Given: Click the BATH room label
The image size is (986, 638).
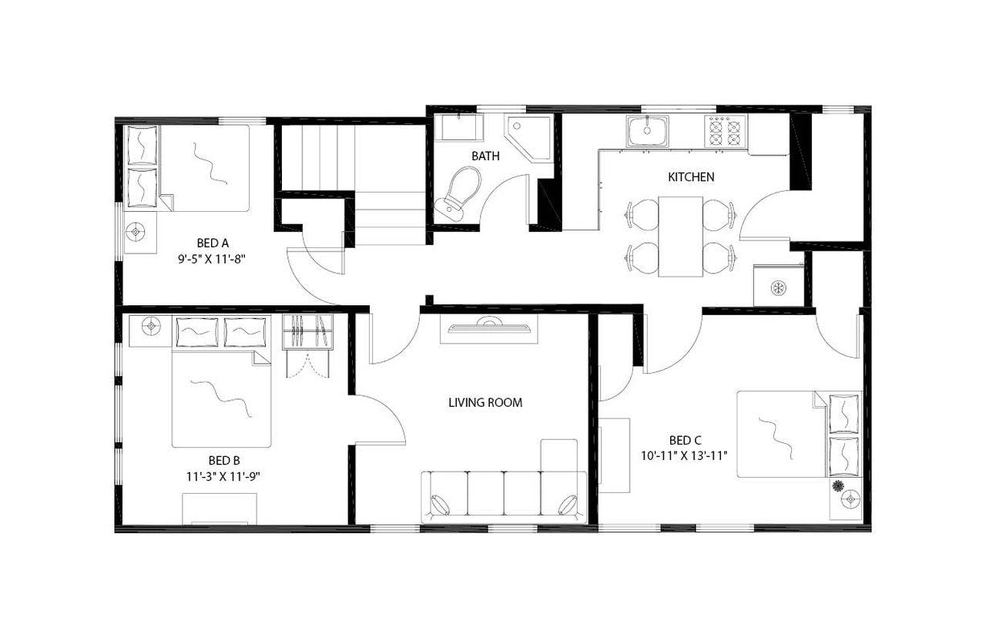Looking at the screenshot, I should coord(485,156).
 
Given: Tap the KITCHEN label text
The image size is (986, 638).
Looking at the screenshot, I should coord(690,177).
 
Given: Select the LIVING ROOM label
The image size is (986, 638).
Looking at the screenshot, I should coord(485,402).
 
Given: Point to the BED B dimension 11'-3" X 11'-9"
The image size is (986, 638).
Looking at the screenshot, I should coord(223,476).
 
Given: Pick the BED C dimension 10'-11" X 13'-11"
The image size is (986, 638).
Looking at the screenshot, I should coord(684,455).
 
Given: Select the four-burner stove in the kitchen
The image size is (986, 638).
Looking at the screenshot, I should coord(723,131).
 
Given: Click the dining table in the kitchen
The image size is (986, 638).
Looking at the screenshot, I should coord(680,236).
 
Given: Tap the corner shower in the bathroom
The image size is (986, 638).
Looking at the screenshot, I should coord(528,138).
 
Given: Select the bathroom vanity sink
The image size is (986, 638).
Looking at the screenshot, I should coord(459,128).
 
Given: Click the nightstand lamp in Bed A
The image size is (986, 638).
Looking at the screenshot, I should coord(137,230).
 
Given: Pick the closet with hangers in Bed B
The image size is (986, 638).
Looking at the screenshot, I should coord(307,332).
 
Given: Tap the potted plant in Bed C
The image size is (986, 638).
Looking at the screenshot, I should coord(837,485).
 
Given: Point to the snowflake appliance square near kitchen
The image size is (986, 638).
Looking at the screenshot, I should coord(779,287).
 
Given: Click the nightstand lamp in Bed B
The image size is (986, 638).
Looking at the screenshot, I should coord(150,327).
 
